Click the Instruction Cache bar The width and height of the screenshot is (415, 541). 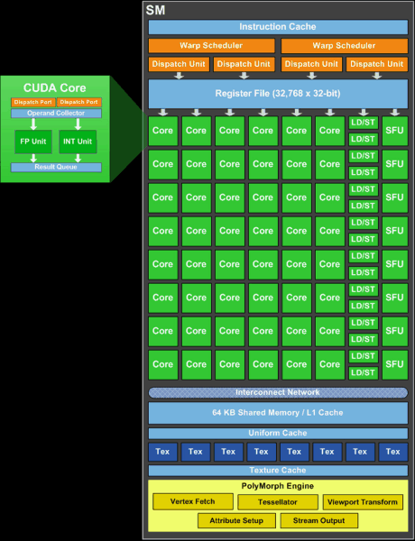tap(278, 27)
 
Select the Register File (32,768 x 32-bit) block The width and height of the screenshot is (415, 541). tap(278, 94)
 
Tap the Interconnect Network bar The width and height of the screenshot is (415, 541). tap(278, 392)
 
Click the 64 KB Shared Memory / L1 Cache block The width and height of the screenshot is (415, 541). tap(278, 413)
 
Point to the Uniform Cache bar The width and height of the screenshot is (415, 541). tap(278, 433)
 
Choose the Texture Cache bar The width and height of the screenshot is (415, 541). tap(278, 471)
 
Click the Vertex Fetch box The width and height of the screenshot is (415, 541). tap(193, 501)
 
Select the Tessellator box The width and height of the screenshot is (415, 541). tap(278, 502)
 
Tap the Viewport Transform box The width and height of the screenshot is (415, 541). tap(363, 502)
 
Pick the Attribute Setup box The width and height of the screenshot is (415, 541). tap(236, 520)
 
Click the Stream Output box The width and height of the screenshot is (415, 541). tap(319, 520)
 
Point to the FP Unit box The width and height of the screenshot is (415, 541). tap(33, 142)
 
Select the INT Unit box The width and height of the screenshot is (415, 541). tap(78, 142)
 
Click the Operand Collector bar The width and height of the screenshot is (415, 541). tap(56, 114)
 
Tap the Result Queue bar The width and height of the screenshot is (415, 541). tap(56, 167)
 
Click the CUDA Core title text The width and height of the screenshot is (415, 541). tap(54, 88)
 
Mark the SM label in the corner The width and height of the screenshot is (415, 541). tap(155, 10)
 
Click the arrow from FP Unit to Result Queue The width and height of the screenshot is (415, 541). tap(33, 158)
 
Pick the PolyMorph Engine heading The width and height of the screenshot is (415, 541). tap(278, 486)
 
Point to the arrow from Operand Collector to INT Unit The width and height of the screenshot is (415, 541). tap(78, 124)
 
